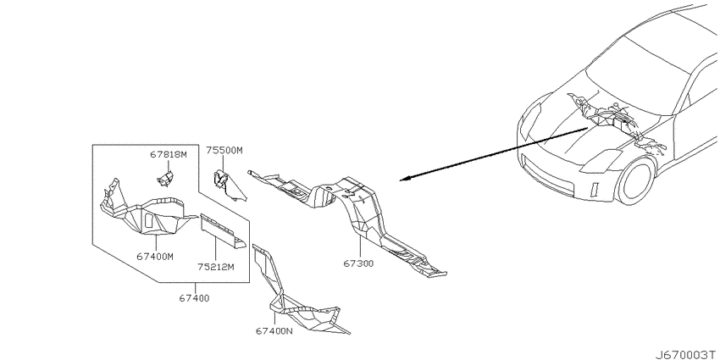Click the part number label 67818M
(169, 155)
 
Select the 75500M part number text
(224, 150)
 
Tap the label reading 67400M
(155, 257)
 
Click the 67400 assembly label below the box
(194, 298)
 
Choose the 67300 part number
(358, 263)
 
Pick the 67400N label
(274, 330)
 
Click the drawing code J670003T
(686, 355)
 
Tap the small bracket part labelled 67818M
(165, 178)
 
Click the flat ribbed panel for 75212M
(222, 231)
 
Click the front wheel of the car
(635, 180)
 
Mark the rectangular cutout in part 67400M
(149, 220)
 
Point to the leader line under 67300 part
(360, 246)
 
